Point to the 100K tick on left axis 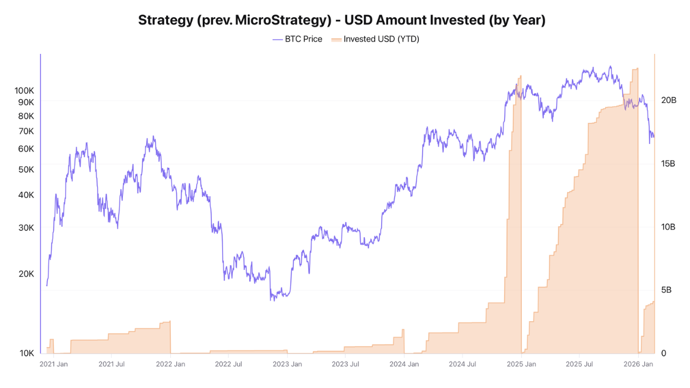coord(24,91)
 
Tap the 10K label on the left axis coord(26,354)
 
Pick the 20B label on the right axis coord(668,100)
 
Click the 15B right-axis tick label coord(668,163)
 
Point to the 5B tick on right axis coord(666,290)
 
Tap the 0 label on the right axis coord(664,354)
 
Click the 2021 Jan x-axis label coord(53,364)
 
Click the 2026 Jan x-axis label coord(639,364)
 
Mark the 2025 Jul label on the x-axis coord(580,364)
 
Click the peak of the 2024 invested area coord(520,76)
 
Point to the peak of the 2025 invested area coord(637,68)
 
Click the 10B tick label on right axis coord(668,227)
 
